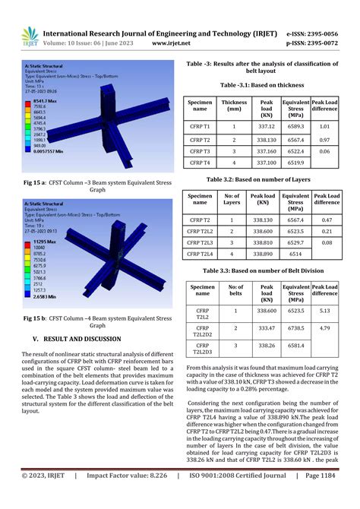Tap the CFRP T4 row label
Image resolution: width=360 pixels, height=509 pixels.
click(x=201, y=162)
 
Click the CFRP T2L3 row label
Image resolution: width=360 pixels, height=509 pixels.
click(x=201, y=242)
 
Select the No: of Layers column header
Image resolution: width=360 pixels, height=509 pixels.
click(x=233, y=199)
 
